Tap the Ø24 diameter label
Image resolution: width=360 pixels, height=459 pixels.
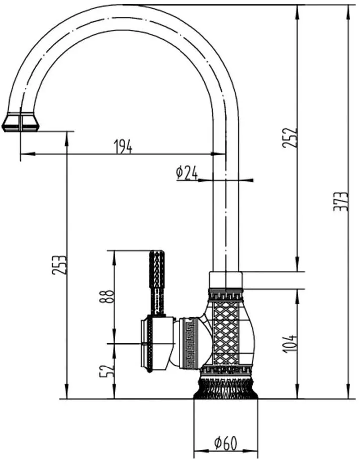point(187,173)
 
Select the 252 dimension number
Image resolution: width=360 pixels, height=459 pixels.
point(290,137)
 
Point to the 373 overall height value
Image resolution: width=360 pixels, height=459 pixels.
point(341,202)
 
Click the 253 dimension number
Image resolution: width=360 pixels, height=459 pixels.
point(59,265)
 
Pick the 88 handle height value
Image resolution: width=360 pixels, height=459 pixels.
point(107,297)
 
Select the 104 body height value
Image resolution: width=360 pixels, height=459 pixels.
point(290,343)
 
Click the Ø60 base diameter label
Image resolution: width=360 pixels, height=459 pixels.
point(225,443)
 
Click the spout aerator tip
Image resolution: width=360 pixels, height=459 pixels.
point(21,122)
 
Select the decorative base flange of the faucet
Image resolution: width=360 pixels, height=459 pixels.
point(226,387)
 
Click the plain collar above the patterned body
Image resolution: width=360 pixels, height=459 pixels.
point(226,280)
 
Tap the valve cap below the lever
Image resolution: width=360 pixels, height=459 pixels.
point(157,344)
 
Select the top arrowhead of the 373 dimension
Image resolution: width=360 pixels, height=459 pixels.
point(348,12)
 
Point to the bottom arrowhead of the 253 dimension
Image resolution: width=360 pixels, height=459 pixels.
point(67,392)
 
